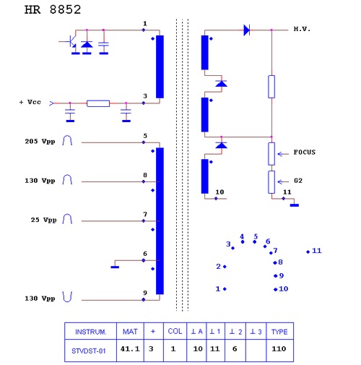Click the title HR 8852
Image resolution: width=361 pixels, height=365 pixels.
pyautogui.click(x=53, y=10)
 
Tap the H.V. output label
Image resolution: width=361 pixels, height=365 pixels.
pyautogui.click(x=302, y=29)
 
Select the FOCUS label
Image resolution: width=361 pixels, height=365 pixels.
pyautogui.click(x=305, y=153)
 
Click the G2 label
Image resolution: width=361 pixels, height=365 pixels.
pyautogui.click(x=298, y=181)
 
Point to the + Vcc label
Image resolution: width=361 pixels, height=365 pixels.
pyautogui.click(x=30, y=102)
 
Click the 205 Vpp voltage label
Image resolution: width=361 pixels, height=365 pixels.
pyautogui.click(x=40, y=142)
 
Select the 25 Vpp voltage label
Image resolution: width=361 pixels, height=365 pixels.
pyautogui.click(x=43, y=220)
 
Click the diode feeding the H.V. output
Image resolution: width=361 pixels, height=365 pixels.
pyautogui.click(x=247, y=30)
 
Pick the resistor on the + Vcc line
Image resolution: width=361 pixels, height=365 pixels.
pyautogui.click(x=98, y=103)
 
